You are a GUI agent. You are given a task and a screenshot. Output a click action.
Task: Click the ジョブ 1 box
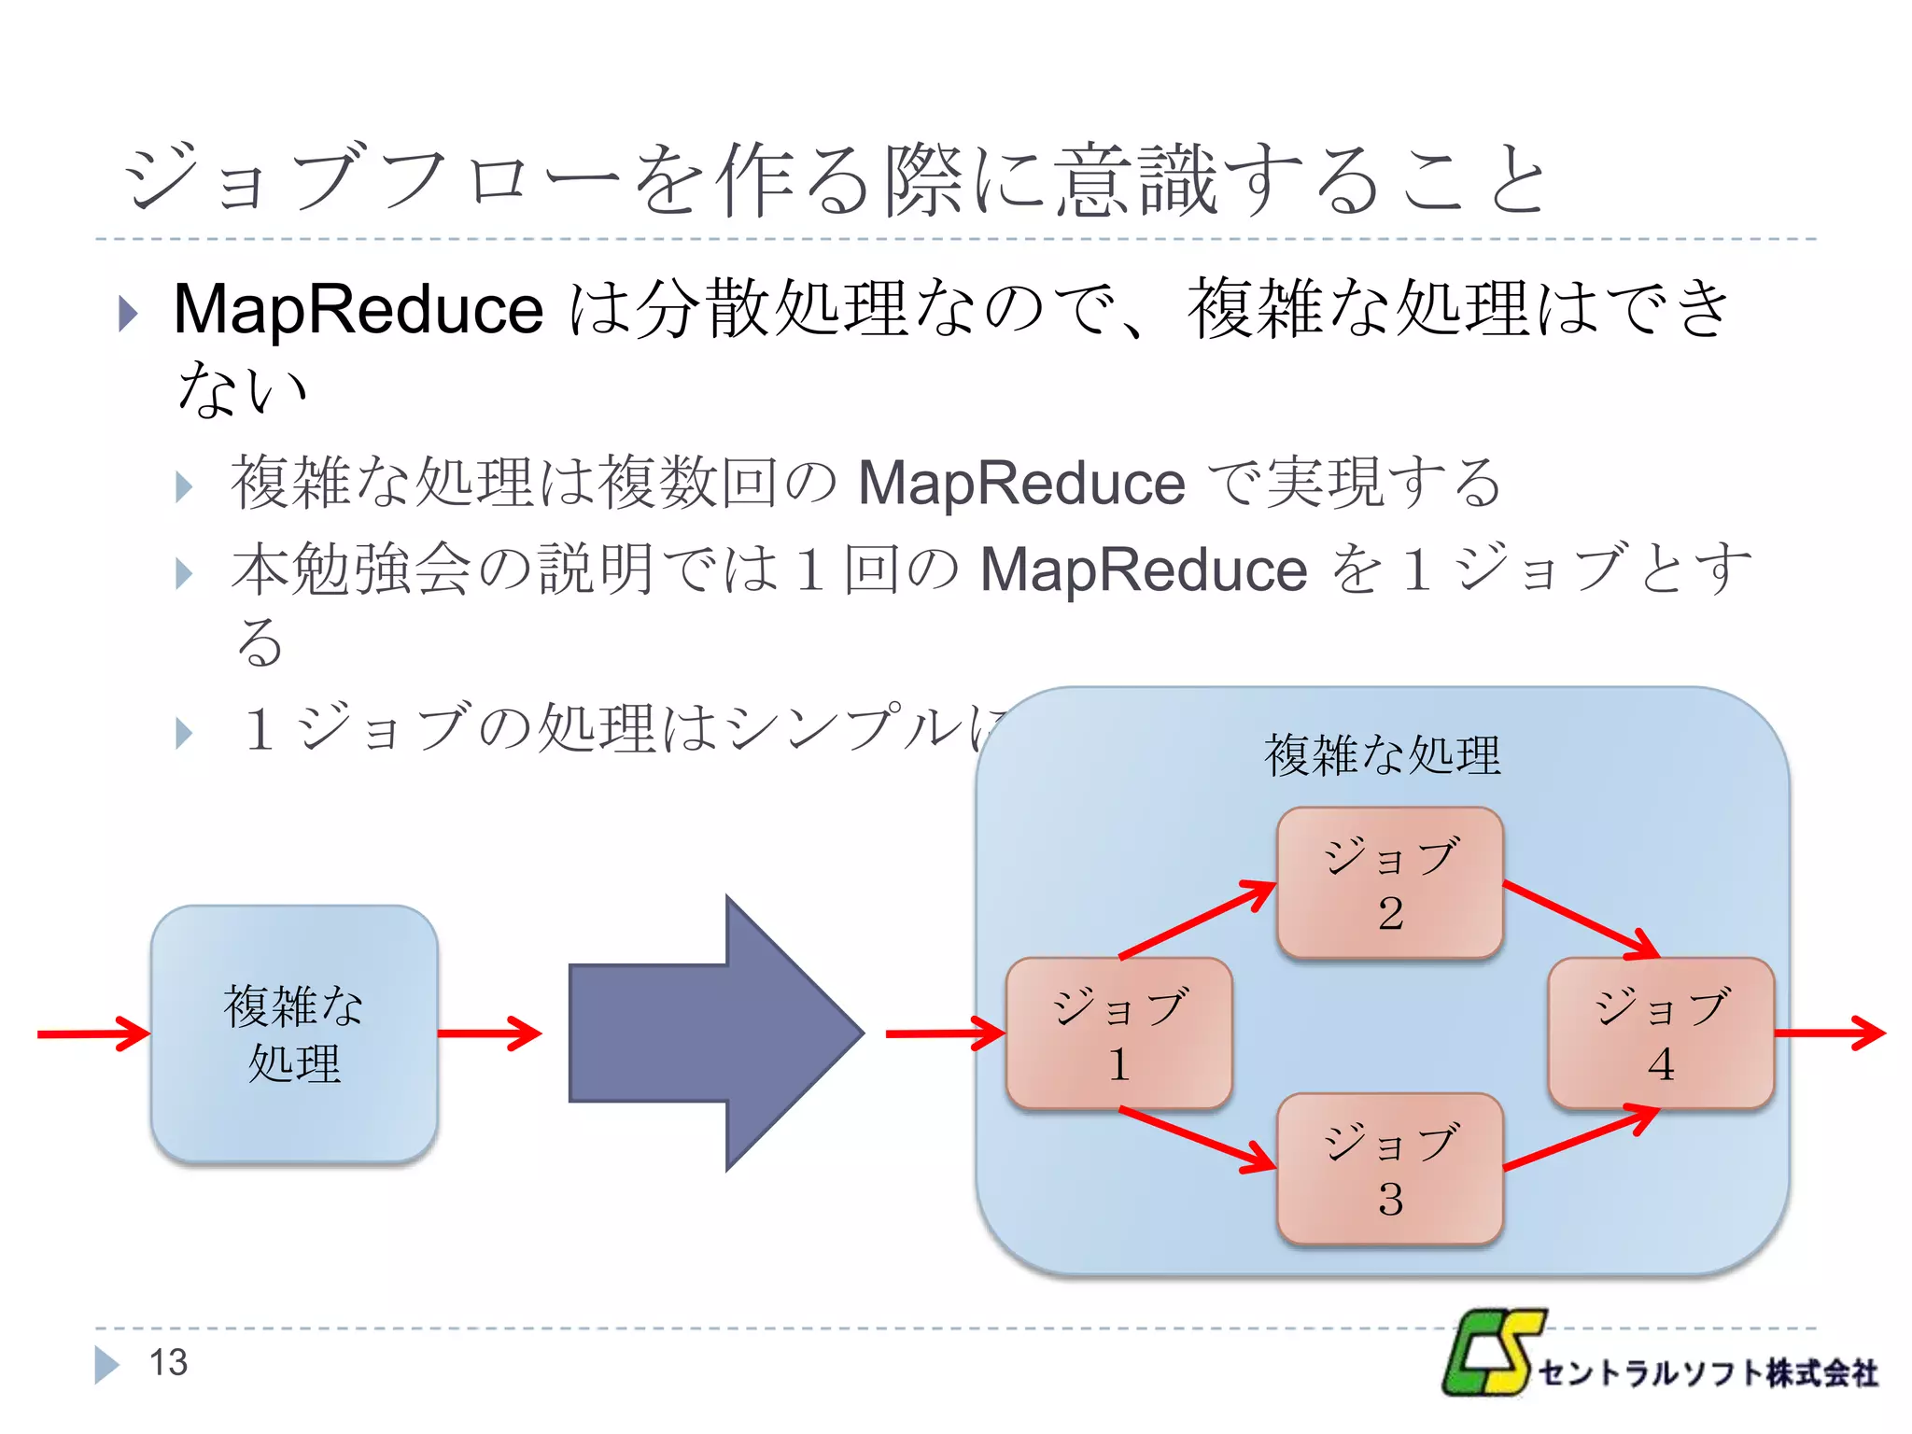click(1118, 1033)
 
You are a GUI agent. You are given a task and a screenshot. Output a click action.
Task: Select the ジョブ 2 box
click(1389, 882)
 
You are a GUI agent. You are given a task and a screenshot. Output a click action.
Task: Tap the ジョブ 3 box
click(1389, 1168)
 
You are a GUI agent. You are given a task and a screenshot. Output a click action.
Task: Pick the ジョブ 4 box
click(1660, 1033)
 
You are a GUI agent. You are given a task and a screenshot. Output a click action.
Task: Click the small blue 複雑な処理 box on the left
click(294, 1033)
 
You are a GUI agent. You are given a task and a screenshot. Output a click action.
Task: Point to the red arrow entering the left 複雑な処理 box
click(93, 1033)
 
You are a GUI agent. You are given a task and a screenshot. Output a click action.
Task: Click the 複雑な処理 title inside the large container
click(1382, 754)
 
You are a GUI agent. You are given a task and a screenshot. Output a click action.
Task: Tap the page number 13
click(168, 1363)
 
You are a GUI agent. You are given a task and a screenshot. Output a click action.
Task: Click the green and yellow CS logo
click(1492, 1354)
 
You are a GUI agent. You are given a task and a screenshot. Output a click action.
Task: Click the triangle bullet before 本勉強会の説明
click(184, 573)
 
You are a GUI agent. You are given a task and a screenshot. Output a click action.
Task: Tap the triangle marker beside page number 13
click(106, 1364)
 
